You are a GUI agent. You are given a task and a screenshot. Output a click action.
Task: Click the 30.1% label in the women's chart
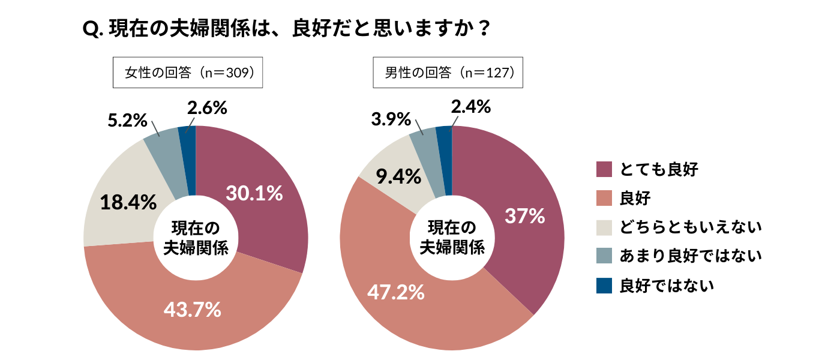(x=254, y=193)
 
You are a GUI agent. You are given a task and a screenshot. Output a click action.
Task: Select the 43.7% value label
(x=193, y=310)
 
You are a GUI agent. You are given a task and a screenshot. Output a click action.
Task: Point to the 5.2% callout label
(x=127, y=120)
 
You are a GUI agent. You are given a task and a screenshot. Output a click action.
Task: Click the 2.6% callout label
(x=206, y=108)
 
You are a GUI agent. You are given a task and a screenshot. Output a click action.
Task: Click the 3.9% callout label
(x=391, y=119)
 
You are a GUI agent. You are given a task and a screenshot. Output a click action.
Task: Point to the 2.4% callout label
(x=470, y=107)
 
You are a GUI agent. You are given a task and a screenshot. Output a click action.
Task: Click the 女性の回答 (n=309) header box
(x=188, y=73)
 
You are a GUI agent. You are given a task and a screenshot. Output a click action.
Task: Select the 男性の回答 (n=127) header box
(x=448, y=73)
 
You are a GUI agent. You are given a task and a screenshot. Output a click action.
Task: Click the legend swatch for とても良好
(x=604, y=169)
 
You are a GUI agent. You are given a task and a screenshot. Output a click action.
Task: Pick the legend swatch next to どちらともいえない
(x=604, y=227)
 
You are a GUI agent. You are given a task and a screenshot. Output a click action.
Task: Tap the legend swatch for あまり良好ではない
(x=604, y=256)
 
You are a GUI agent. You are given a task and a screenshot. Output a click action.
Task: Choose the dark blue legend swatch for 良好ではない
(x=604, y=286)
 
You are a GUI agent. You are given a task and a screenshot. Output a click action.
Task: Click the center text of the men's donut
(x=451, y=238)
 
